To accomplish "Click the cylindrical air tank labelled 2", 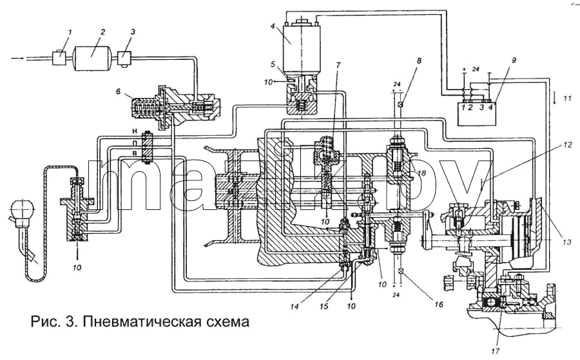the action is coord(92,59).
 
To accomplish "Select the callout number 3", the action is coord(132,32).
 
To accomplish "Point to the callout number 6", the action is coord(118,91).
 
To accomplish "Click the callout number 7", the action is coord(338,66).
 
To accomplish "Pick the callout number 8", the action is coord(419,61).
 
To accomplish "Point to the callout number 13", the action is coord(567,242).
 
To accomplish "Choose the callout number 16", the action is coord(438,304).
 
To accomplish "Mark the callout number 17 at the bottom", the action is coord(496,351).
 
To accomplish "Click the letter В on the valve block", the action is coord(136,153).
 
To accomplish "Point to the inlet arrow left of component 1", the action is coord(19,58).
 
